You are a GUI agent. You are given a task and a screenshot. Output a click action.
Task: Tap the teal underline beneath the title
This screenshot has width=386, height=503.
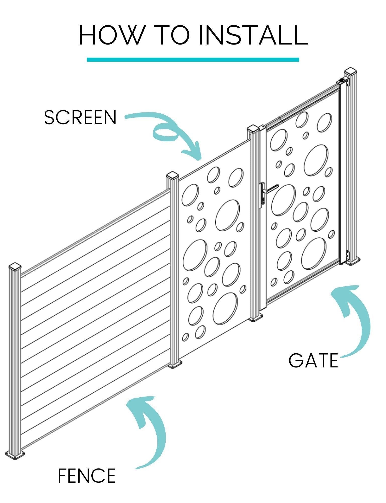193,60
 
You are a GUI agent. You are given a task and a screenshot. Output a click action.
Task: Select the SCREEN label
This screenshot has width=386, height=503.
80,117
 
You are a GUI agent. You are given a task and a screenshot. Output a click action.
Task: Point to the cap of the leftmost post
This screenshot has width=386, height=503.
15,267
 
